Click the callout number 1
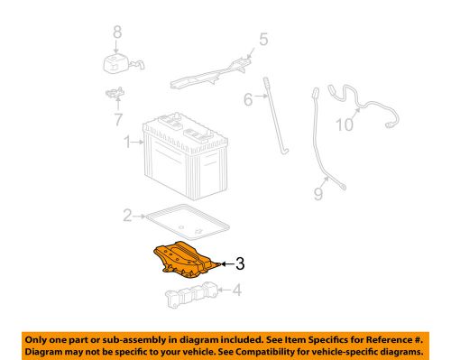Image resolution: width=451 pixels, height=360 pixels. (128, 141)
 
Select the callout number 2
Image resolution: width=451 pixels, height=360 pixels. (128, 215)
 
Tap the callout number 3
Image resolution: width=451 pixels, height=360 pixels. (240, 263)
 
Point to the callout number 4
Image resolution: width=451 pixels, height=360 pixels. (236, 291)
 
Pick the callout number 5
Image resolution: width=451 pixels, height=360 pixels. (263, 39)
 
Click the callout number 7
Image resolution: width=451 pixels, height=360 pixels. (115, 117)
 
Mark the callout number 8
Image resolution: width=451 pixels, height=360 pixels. (115, 33)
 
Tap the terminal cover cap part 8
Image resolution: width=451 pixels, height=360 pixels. (116, 63)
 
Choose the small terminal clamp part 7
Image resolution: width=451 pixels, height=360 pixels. (115, 93)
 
